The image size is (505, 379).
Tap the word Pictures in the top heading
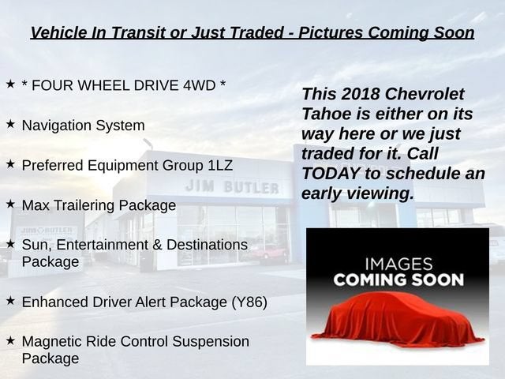[331, 32]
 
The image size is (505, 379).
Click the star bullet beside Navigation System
[10, 124]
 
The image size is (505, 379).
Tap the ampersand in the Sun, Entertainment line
[157, 245]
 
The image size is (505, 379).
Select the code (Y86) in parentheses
[249, 302]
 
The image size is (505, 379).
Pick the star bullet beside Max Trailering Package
[10, 204]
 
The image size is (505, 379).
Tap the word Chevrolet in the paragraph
[425, 94]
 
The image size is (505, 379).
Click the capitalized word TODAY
[331, 174]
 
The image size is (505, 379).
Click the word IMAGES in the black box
[398, 265]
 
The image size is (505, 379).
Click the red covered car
[397, 320]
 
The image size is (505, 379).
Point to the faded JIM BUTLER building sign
[232, 186]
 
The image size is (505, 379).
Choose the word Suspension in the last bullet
[211, 342]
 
